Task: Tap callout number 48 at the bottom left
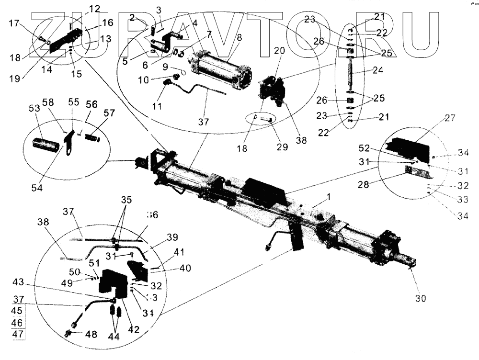point(91,334)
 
